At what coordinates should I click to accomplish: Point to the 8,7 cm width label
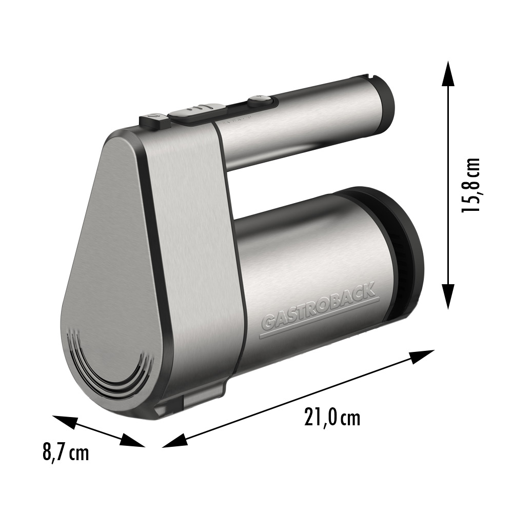[x=66, y=453]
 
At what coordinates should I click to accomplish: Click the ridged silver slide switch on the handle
[x=197, y=110]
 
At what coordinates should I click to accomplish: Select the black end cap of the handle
[x=382, y=105]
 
